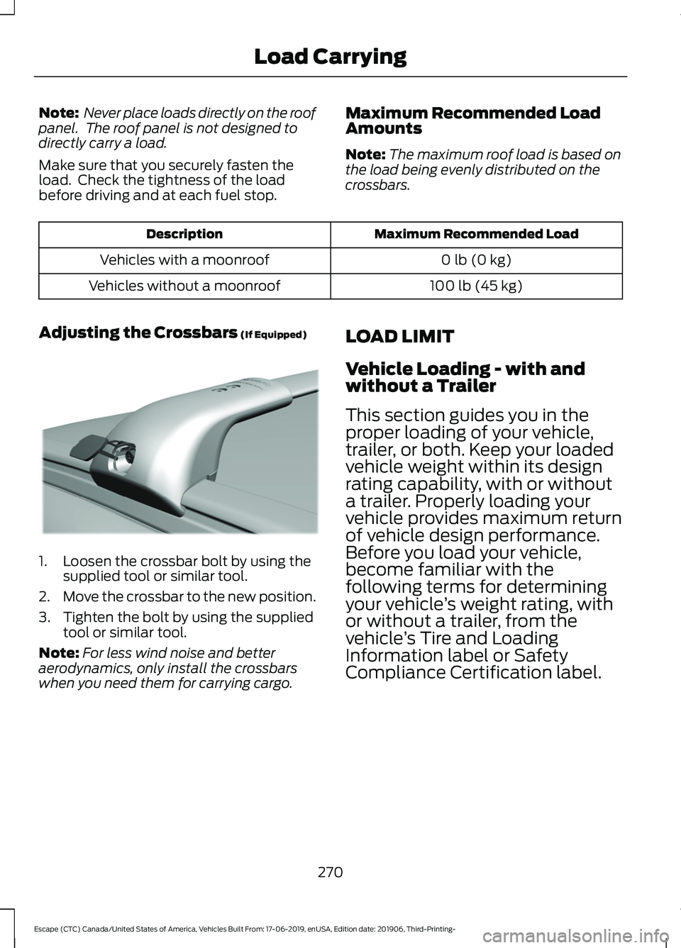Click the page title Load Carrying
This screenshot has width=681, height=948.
click(330, 57)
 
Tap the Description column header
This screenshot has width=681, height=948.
click(184, 234)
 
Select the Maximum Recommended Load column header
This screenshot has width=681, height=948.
click(476, 234)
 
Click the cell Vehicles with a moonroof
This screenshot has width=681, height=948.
click(184, 260)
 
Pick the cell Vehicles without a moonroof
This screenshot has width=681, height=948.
click(184, 286)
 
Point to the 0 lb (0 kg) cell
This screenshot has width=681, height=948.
click(476, 260)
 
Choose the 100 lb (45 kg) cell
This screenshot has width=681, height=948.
click(476, 286)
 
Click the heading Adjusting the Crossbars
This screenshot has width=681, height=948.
click(138, 333)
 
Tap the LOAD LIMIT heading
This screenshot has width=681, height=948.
click(399, 336)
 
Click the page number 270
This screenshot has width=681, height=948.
click(330, 872)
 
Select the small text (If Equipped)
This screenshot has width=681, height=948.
click(274, 335)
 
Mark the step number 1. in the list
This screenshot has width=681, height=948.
click(45, 562)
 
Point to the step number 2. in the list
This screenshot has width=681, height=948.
click(45, 597)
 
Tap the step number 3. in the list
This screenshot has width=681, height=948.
click(45, 618)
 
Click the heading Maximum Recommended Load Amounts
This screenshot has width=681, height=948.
click(472, 121)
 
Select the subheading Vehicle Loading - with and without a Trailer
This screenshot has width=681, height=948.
click(465, 377)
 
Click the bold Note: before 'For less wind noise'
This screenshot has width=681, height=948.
click(59, 653)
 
